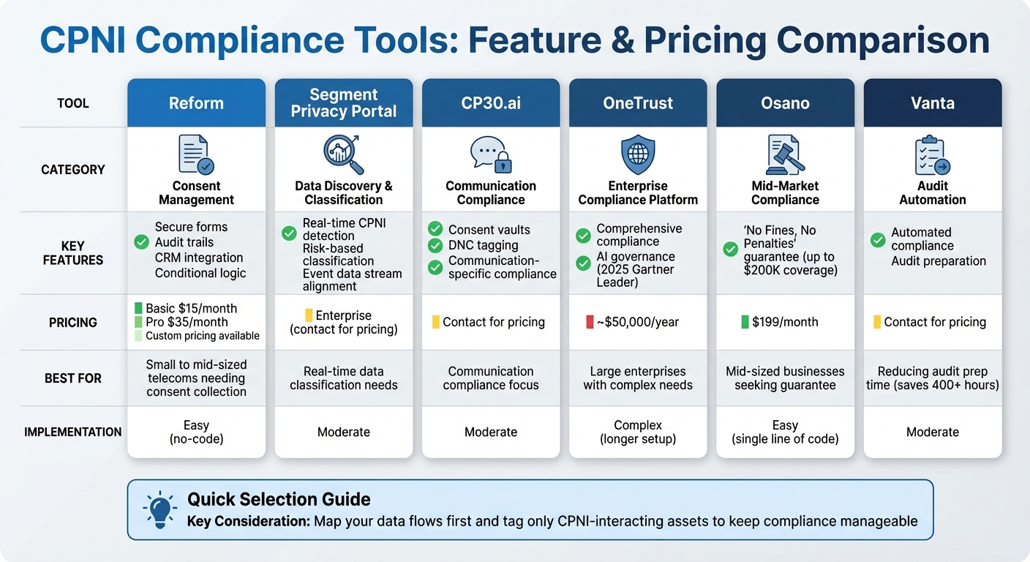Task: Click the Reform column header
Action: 196,103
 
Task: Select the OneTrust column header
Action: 638,103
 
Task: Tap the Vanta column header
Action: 932,103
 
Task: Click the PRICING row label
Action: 73,322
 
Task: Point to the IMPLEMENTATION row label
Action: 73,432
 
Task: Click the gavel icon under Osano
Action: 784,154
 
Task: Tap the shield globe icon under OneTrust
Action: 638,154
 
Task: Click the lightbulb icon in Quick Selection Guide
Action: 160,509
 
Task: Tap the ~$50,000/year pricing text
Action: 642,322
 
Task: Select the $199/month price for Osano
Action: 785,322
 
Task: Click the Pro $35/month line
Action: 187,322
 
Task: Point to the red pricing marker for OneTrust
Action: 590,322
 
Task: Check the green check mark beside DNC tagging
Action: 435,246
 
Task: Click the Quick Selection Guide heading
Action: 279,500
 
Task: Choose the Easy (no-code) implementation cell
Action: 196,432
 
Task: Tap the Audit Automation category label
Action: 932,193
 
